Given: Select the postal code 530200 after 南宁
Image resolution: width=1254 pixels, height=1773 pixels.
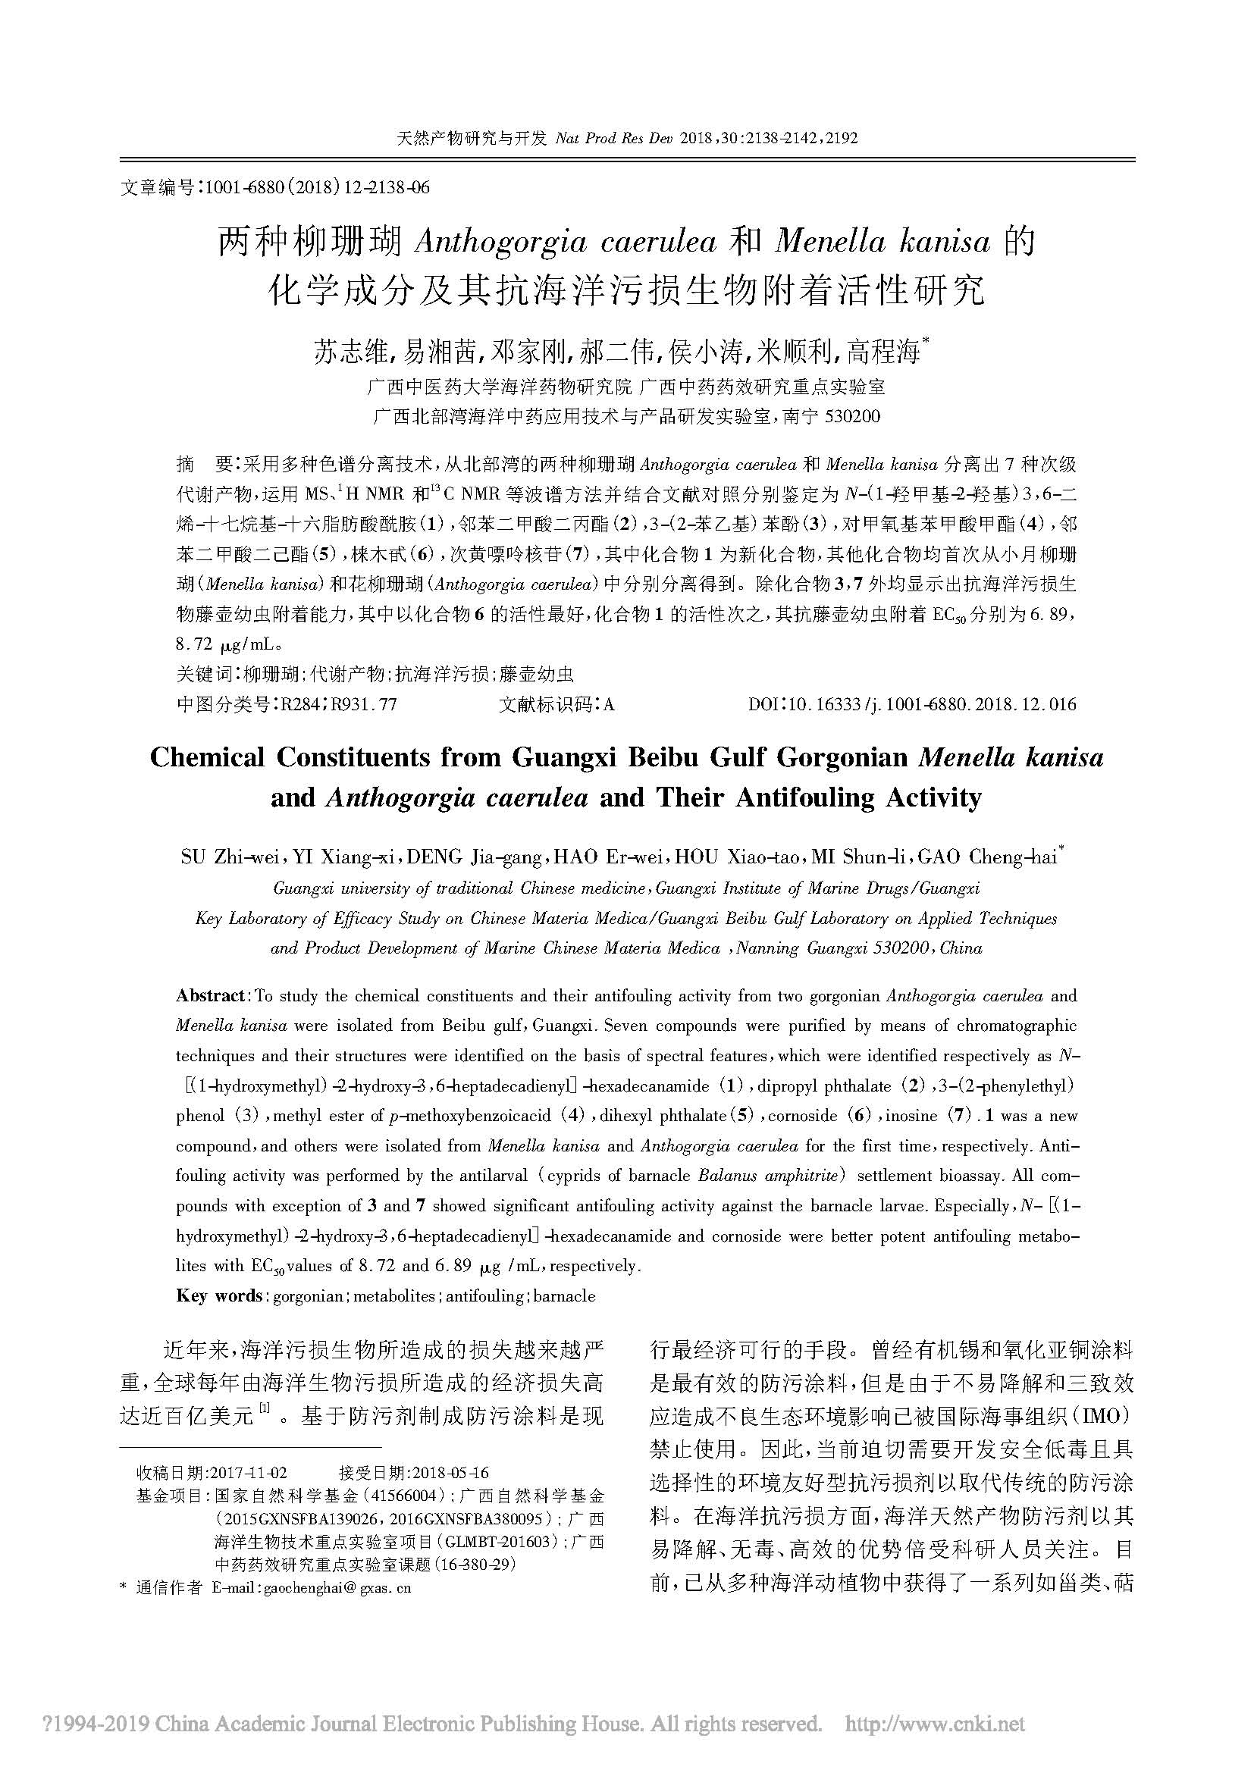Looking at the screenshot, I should click(x=852, y=417).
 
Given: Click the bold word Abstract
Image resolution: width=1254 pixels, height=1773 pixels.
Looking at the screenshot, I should click(x=210, y=996).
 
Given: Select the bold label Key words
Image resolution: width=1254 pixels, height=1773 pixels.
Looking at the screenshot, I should click(x=219, y=1296).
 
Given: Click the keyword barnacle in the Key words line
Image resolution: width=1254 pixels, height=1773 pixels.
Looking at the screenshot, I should click(x=563, y=1296).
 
